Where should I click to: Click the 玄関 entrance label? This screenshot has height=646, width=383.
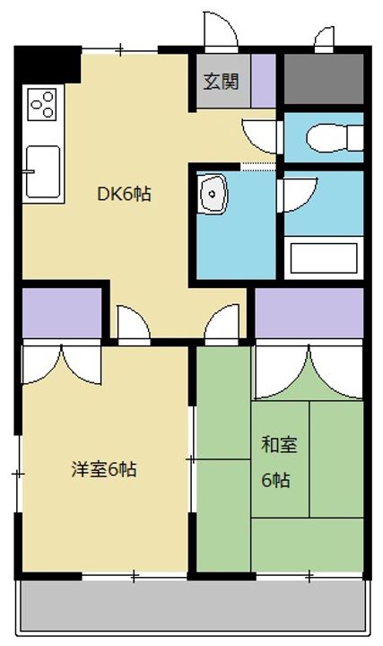[x=220, y=82]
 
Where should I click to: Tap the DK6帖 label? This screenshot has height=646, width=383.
[x=124, y=193]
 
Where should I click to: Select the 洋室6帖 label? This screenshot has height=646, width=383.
[x=104, y=468]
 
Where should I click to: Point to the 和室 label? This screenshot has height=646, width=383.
[x=274, y=444]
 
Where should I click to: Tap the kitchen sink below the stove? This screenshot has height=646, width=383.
[x=42, y=170]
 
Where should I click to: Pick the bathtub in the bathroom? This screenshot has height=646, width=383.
[x=324, y=258]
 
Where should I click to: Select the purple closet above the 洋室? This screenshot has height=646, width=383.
[x=61, y=312]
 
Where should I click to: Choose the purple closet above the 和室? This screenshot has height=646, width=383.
[x=309, y=312]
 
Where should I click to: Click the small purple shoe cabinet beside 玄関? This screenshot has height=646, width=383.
[x=263, y=82]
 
